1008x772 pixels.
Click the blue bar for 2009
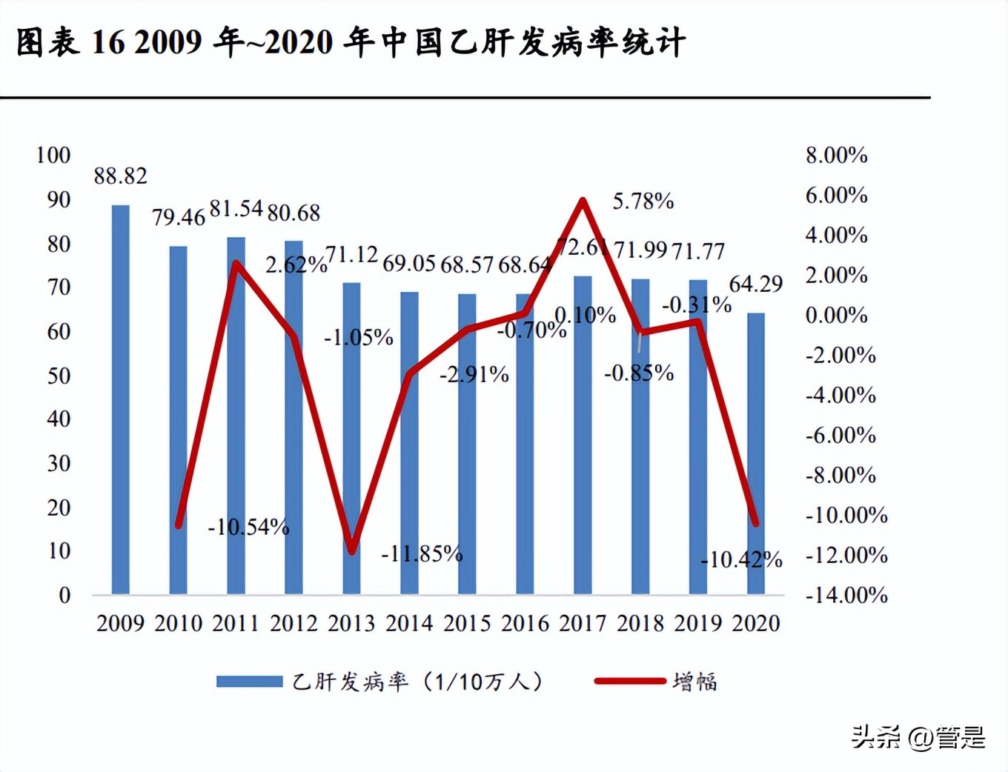click(x=121, y=400)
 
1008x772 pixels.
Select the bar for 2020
click(x=755, y=453)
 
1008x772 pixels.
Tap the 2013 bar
click(x=351, y=439)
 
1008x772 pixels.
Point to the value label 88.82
click(x=121, y=176)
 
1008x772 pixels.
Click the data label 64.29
click(x=756, y=284)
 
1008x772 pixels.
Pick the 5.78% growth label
click(x=643, y=202)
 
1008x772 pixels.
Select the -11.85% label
click(x=422, y=554)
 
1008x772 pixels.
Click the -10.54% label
click(x=248, y=528)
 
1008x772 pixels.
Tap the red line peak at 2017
click(x=583, y=200)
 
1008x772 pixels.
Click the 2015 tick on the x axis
click(x=467, y=624)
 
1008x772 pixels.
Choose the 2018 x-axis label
click(x=640, y=624)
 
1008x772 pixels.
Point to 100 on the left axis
click(x=53, y=156)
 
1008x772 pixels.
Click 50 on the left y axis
click(x=59, y=376)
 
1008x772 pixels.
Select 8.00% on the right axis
click(x=837, y=156)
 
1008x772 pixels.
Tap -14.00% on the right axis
click(x=846, y=596)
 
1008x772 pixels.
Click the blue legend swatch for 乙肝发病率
click(x=249, y=682)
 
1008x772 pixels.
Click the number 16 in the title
click(x=108, y=43)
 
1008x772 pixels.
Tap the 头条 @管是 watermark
click(x=918, y=737)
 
